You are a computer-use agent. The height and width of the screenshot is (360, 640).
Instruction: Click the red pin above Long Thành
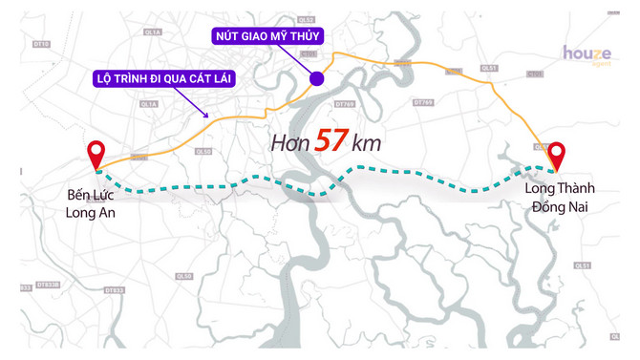pos(556,155)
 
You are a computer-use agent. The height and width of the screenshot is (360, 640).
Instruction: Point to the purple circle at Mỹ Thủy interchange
pos(316,78)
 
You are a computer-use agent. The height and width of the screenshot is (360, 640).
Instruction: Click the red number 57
pos(330,140)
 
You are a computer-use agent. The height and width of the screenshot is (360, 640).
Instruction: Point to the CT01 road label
pos(535,74)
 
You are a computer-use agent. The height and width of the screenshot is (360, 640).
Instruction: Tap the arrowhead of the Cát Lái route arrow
pos(208,116)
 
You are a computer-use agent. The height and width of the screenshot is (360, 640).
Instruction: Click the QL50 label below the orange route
pos(203,151)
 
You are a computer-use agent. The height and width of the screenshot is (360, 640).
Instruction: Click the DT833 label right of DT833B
pos(113,288)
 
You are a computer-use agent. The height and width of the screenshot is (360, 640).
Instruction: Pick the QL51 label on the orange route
pos(489,69)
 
